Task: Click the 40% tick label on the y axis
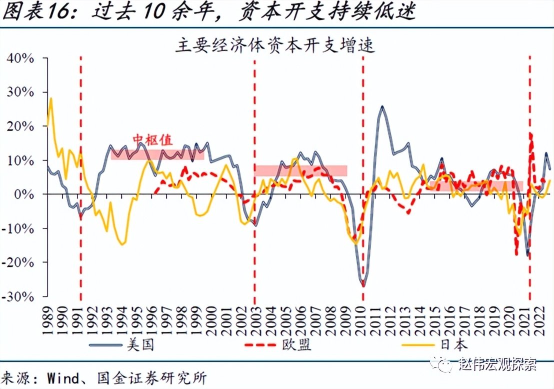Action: coord(20,58)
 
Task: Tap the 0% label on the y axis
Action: coord(25,194)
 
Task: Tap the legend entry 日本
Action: coord(453,345)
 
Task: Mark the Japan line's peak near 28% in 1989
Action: coord(51,98)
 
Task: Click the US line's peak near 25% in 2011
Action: coord(382,106)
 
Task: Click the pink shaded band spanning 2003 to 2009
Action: coord(301,170)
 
